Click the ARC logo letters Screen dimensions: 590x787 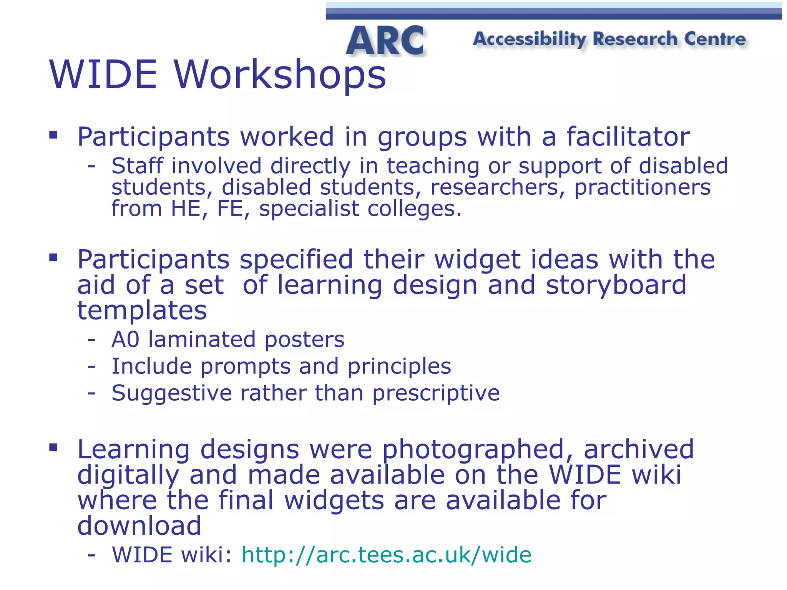point(385,41)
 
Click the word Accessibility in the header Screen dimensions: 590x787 point(530,39)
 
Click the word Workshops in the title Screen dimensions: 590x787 point(280,75)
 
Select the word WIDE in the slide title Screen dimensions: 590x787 point(103,75)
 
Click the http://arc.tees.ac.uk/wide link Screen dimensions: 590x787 point(386,555)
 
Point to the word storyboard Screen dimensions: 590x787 point(616,285)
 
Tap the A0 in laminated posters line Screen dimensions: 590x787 point(125,340)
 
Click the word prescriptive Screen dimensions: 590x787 point(436,393)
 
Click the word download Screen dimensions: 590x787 point(139,525)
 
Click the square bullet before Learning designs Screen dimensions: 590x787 point(53,447)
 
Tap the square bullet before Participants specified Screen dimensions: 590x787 point(53,257)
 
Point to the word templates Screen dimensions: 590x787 point(142,310)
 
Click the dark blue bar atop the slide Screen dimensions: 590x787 point(553,14)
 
